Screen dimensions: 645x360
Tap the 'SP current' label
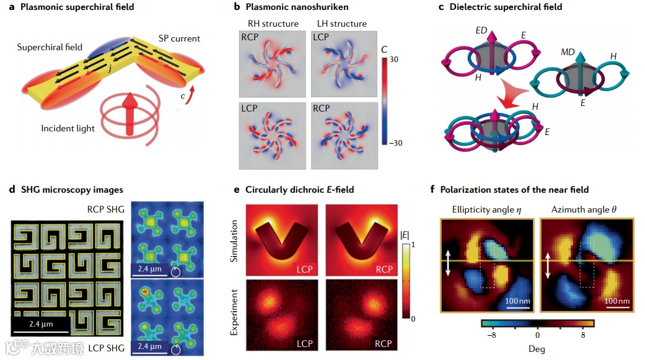click(x=178, y=38)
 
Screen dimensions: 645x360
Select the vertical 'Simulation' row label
click(x=234, y=238)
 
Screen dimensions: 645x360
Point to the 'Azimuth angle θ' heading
click(x=584, y=209)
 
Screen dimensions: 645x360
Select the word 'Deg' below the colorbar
click(x=537, y=349)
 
